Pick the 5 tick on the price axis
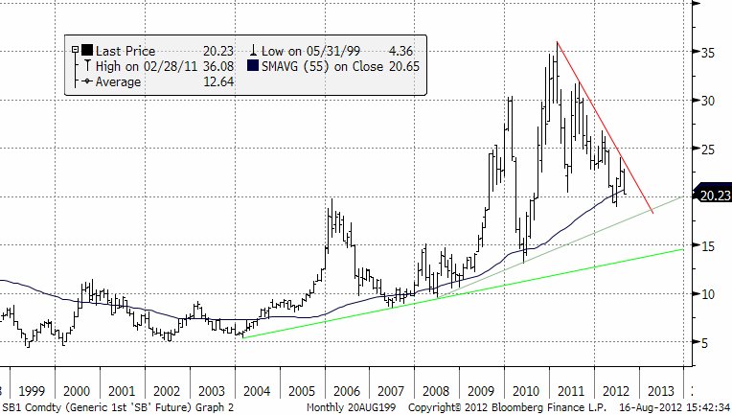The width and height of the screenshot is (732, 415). (707, 342)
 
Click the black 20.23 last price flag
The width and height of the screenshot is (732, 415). (714, 196)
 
